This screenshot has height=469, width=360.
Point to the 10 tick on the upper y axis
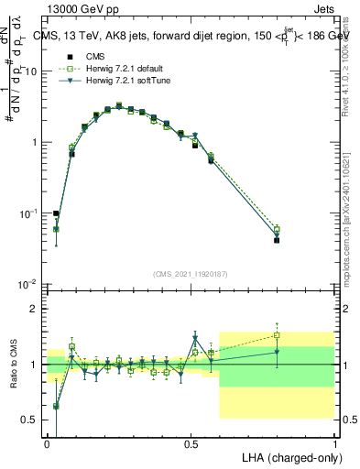33,71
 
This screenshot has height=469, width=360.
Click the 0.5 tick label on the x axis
191,442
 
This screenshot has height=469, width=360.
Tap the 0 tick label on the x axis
47,442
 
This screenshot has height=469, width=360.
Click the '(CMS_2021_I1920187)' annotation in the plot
191,274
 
